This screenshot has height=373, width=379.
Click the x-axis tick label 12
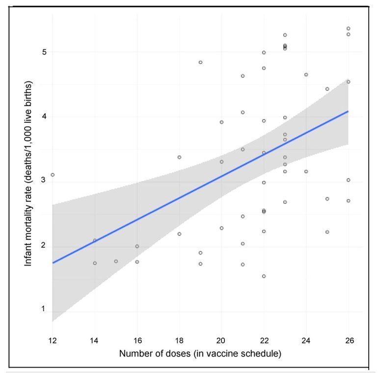(x=52, y=341)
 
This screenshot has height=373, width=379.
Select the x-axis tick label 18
(x=179, y=341)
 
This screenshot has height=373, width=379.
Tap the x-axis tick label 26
(x=348, y=341)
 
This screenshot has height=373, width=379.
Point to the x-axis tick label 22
(x=264, y=341)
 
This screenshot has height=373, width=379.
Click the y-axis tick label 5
(x=44, y=52)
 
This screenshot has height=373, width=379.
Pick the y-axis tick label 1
(x=44, y=309)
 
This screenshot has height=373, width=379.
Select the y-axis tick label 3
(x=44, y=181)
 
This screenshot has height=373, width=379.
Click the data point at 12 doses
(x=53, y=175)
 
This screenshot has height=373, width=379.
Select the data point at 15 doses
(x=116, y=261)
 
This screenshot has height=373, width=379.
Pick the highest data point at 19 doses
(x=200, y=62)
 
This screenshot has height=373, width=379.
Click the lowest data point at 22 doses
(x=264, y=276)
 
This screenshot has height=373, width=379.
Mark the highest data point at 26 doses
(x=348, y=28)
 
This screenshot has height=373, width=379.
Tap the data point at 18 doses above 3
(x=179, y=157)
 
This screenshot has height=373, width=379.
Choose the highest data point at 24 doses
(x=306, y=75)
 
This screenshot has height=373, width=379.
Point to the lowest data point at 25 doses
(x=327, y=232)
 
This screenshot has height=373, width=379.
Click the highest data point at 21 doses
(x=243, y=76)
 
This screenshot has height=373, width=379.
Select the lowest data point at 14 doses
(x=95, y=263)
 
